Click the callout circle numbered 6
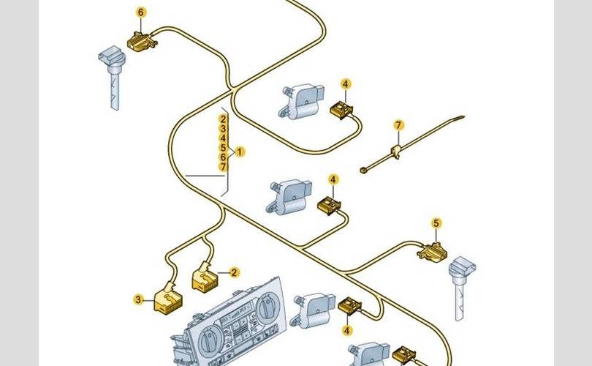141,12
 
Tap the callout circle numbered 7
398,126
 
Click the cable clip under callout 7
395,151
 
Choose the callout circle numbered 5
436,223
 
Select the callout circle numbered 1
240,152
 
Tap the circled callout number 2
235,272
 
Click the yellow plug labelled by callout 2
205,277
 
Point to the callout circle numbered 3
137,299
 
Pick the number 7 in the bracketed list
224,167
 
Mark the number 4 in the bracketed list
224,138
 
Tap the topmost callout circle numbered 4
346,84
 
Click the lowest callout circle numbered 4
347,330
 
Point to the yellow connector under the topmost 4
341,110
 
